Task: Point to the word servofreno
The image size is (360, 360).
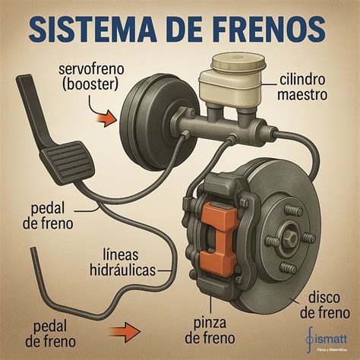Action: [x=91, y=69]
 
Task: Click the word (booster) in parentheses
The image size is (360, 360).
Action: [x=90, y=85]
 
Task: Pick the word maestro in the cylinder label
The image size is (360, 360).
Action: [x=302, y=95]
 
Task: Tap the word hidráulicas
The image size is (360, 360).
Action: [x=123, y=270]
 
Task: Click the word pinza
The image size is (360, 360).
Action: [x=210, y=324]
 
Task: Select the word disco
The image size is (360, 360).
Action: [x=324, y=298]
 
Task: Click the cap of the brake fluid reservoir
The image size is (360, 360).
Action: [x=238, y=62]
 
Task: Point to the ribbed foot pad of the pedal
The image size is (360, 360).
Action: [x=67, y=161]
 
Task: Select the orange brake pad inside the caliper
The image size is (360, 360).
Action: [x=219, y=238]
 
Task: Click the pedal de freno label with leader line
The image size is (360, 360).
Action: [x=48, y=216]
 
